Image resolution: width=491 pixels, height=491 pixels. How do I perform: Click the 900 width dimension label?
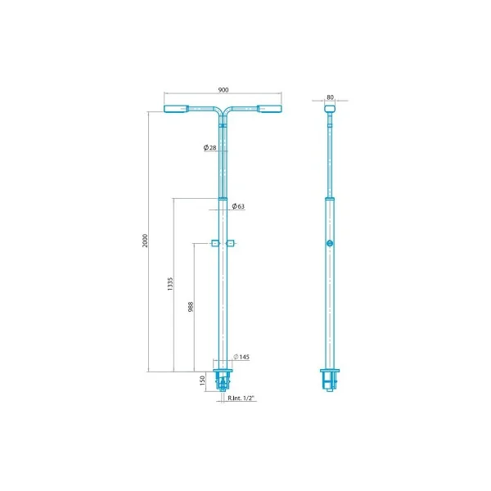point(223,90)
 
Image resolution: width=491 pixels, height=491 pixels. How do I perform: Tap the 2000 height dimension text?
point(145,241)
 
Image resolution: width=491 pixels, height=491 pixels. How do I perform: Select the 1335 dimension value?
point(170,284)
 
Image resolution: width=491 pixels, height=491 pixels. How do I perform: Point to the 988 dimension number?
point(191,307)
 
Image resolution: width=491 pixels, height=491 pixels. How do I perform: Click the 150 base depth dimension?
point(202,381)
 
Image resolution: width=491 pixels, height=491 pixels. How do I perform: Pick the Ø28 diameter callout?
point(209,147)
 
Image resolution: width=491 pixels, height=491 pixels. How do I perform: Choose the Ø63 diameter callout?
point(238,206)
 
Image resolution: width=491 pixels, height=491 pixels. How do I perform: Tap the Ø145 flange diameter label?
point(241,357)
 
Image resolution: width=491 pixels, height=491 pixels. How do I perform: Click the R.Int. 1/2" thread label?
point(241,398)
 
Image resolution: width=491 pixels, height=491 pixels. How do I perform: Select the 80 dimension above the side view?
point(330,97)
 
